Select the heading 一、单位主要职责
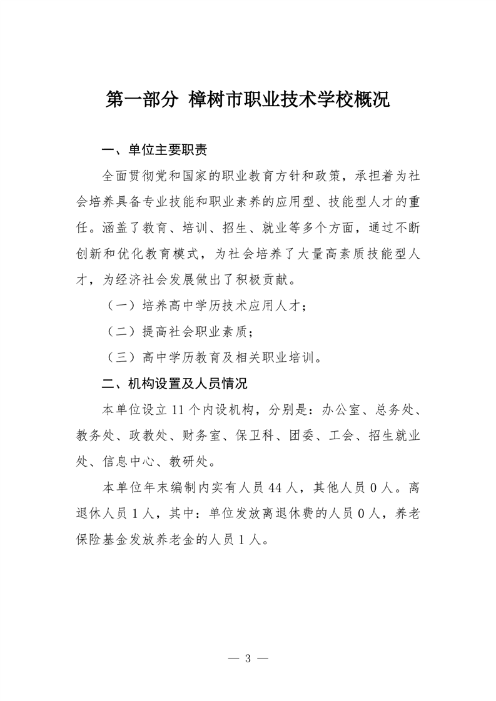tap(154, 151)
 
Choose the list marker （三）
tap(119, 357)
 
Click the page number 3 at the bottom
tap(248, 658)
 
